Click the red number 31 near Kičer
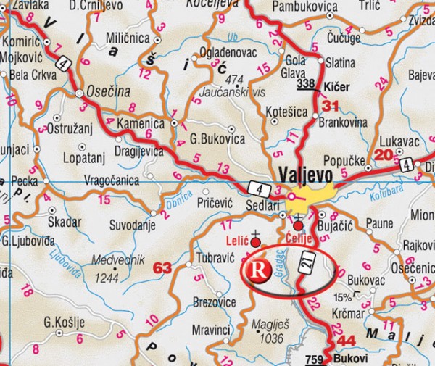click(330, 107)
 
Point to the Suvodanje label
click(133, 225)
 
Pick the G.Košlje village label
click(65, 322)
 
